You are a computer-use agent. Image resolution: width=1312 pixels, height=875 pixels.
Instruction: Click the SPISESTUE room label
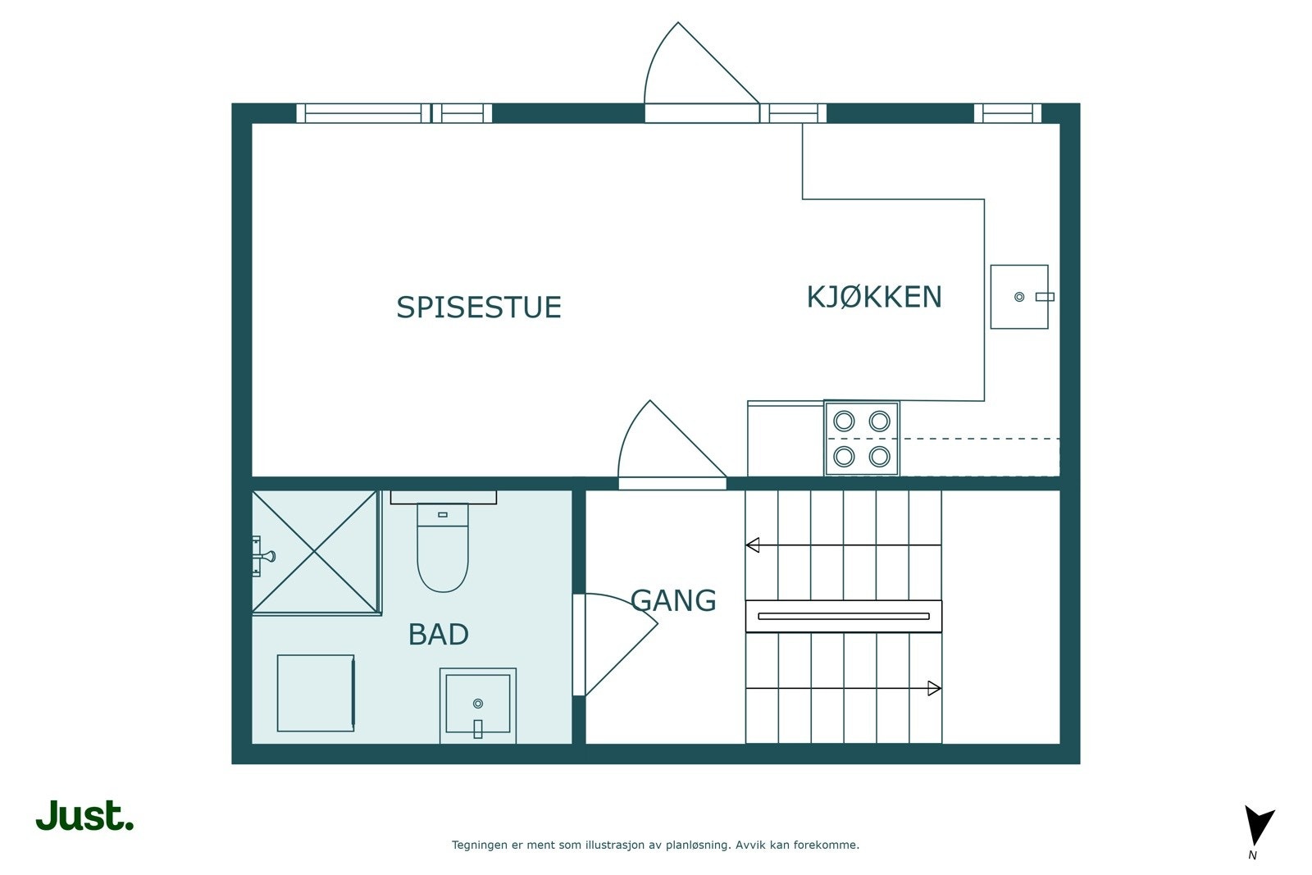tap(479, 308)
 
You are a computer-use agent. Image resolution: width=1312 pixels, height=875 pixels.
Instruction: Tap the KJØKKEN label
tap(874, 297)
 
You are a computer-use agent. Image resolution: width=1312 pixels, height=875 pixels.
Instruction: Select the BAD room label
tap(438, 634)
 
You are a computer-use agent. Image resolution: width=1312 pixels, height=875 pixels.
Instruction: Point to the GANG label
tap(673, 600)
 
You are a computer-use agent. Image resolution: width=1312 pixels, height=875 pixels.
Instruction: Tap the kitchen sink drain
tap(1019, 297)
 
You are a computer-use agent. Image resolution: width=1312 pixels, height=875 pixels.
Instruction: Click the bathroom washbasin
tap(478, 706)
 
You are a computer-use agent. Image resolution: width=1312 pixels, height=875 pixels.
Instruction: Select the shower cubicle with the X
tap(317, 552)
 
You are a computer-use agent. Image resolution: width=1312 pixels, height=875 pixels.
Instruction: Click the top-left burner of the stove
tap(844, 422)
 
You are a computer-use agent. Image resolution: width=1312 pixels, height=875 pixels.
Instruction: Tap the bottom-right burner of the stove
tap(879, 456)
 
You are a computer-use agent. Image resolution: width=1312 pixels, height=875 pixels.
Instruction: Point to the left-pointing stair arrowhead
tap(753, 545)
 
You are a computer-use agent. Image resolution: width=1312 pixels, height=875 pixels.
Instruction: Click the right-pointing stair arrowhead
tap(934, 688)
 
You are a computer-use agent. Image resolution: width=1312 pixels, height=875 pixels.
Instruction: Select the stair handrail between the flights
tap(844, 616)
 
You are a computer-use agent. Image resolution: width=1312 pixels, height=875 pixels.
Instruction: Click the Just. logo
tap(85, 815)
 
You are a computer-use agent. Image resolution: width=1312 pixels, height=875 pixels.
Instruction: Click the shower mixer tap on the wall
tap(262, 556)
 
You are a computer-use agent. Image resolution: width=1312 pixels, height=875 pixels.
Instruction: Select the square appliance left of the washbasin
tap(316, 694)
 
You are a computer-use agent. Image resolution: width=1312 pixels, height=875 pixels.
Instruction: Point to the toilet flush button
tap(443, 515)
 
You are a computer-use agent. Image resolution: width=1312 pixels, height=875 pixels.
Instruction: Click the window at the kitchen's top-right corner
tap(1008, 113)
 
